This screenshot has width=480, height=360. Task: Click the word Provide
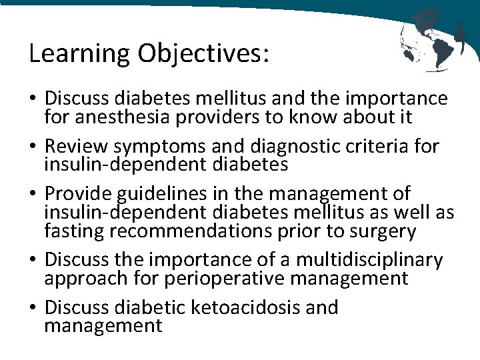pos(79,194)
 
